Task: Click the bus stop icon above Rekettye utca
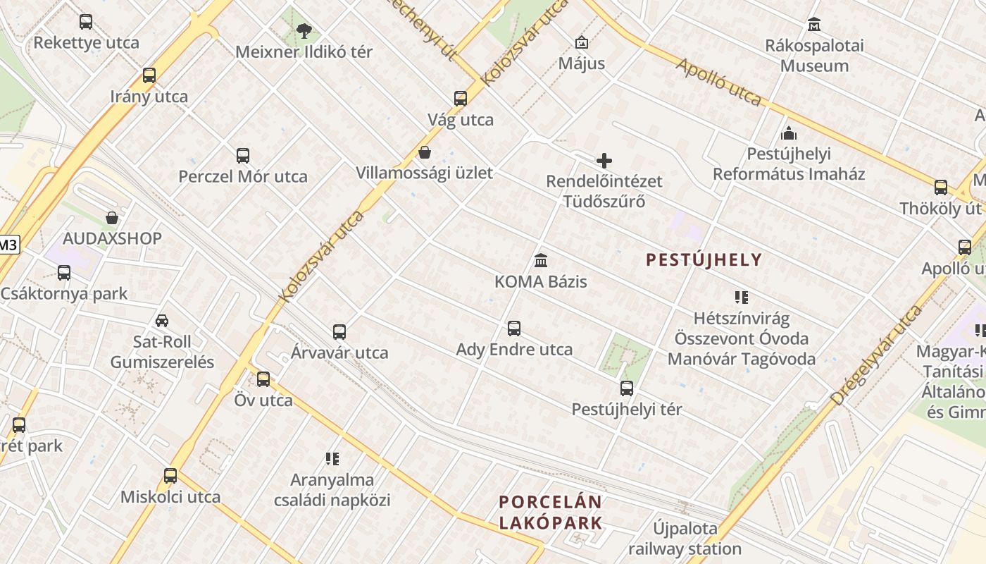[x=86, y=22]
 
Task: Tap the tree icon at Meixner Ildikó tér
[x=304, y=30]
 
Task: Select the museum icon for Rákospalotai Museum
[x=814, y=25]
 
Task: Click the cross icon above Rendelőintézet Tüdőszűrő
[x=604, y=161]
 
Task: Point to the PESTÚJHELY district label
[x=704, y=260]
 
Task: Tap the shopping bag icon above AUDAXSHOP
[x=111, y=218]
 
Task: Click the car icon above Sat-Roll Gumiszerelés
[x=162, y=321]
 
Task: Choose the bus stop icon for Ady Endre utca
[x=514, y=329]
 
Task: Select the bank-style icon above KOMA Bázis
[x=541, y=261]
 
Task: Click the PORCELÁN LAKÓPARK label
[x=551, y=513]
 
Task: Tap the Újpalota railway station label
[x=685, y=538]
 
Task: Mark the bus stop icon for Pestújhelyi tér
[x=627, y=388]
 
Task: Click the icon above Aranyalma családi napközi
[x=332, y=459]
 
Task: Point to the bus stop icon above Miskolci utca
[x=170, y=476]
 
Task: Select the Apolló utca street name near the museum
[x=718, y=82]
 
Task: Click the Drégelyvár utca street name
[x=876, y=355]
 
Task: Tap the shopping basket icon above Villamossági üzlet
[x=425, y=152]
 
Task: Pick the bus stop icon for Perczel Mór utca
[x=243, y=156]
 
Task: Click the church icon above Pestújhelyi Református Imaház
[x=789, y=133]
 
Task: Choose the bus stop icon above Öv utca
[x=263, y=379]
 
